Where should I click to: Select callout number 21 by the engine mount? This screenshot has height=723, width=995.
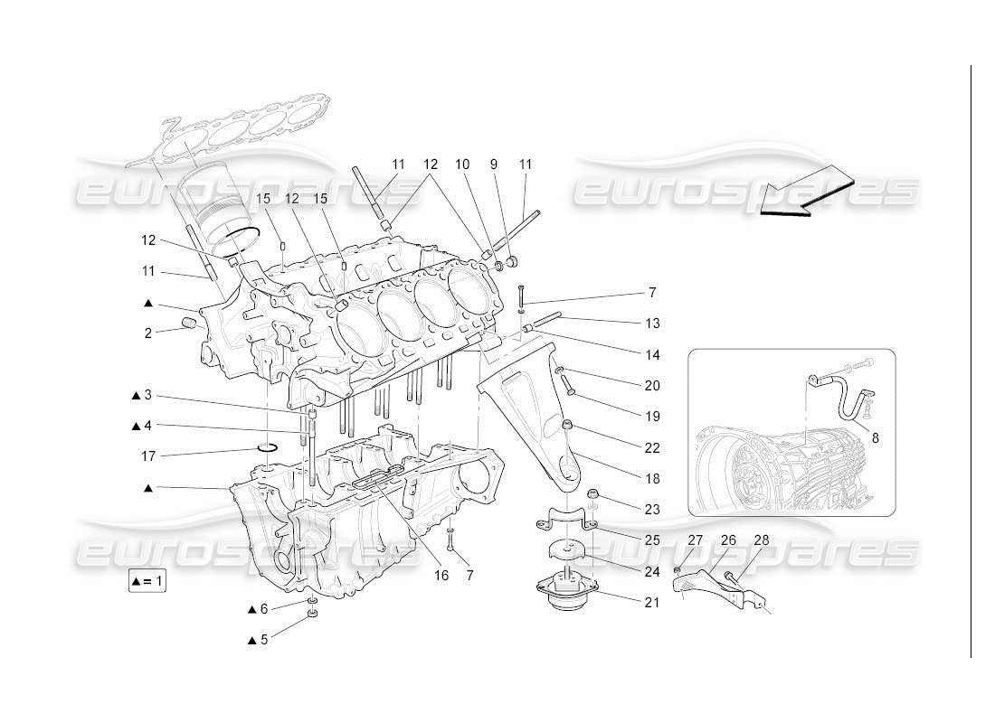tap(652, 602)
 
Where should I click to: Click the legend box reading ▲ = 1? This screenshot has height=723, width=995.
tap(147, 581)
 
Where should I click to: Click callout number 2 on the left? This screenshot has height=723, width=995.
tap(147, 333)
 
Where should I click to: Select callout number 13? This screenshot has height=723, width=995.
tap(652, 323)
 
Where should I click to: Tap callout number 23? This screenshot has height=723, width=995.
tap(652, 509)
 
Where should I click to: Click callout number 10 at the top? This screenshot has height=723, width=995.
tap(488, 164)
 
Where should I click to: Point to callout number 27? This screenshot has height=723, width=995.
tap(696, 540)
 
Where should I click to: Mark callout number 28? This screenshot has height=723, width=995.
tap(762, 540)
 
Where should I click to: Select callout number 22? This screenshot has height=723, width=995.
tap(652, 447)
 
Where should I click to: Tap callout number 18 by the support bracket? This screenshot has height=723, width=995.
tap(652, 478)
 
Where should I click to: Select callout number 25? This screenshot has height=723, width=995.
tap(652, 540)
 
